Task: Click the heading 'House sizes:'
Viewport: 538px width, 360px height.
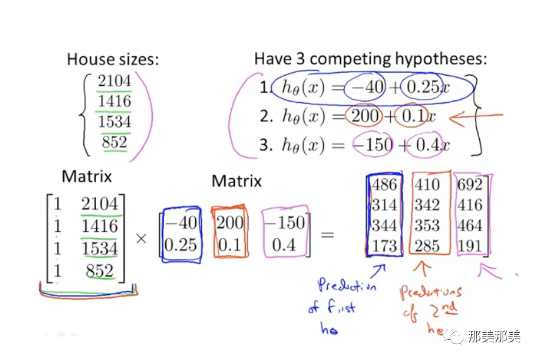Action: click(x=113, y=60)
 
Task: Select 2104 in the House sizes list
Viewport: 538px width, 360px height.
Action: click(x=114, y=81)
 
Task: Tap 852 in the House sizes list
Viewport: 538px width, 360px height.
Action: click(x=114, y=142)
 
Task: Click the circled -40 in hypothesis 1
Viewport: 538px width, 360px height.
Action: click(x=366, y=88)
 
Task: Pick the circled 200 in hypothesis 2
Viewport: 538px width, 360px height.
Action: click(x=365, y=116)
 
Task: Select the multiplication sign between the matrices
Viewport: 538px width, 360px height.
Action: click(x=141, y=238)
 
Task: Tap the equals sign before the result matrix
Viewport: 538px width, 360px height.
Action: click(x=327, y=236)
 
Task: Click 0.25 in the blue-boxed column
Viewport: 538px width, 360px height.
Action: click(x=181, y=244)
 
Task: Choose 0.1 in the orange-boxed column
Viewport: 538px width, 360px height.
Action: click(x=229, y=244)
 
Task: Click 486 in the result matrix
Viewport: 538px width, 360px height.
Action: click(x=385, y=184)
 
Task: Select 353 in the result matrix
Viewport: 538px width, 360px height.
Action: click(x=428, y=225)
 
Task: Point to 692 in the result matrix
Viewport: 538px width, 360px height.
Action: click(x=470, y=184)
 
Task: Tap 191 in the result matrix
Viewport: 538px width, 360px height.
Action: click(x=470, y=246)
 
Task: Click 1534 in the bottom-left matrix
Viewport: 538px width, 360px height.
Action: click(x=100, y=248)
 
